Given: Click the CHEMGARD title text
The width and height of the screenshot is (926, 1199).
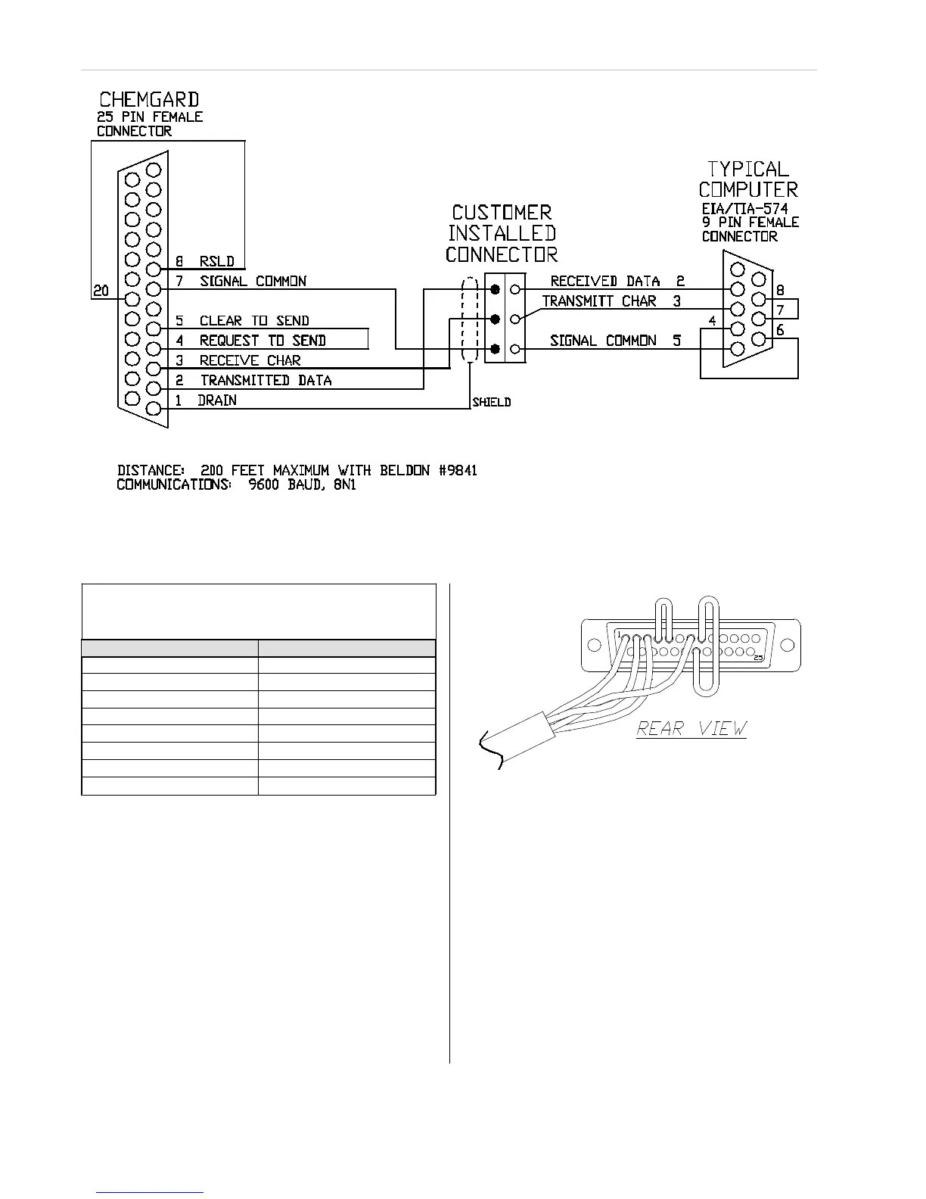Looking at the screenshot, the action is [x=150, y=99].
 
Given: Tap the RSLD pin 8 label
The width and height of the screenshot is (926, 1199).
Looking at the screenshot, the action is [x=216, y=262].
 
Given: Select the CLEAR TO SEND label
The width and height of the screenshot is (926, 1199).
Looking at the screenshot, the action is [x=254, y=321].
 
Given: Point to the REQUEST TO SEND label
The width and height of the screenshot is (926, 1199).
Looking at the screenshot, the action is [x=262, y=341].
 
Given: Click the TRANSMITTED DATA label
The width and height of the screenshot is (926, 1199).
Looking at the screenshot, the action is [x=266, y=380].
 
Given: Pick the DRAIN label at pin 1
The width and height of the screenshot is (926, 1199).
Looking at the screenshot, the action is [x=217, y=400].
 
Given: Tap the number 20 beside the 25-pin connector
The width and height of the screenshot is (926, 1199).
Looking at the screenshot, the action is [x=101, y=291].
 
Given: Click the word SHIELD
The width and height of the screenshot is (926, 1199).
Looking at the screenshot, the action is [x=492, y=402].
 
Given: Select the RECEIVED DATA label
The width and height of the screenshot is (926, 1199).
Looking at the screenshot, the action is [x=605, y=282].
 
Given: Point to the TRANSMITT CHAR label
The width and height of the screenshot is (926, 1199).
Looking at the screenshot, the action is [x=599, y=301].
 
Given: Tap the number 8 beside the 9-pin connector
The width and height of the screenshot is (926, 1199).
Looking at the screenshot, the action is [x=781, y=290].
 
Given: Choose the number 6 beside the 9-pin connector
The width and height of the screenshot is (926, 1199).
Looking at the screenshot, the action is [x=781, y=330].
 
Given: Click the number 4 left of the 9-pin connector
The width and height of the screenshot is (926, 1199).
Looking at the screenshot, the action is [x=712, y=321].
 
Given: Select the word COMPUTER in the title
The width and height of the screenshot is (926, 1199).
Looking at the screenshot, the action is [x=748, y=189].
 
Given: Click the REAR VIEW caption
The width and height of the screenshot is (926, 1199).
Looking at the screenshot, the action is [x=691, y=728].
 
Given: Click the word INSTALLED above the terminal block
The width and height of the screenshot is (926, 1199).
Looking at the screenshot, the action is [x=502, y=233].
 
